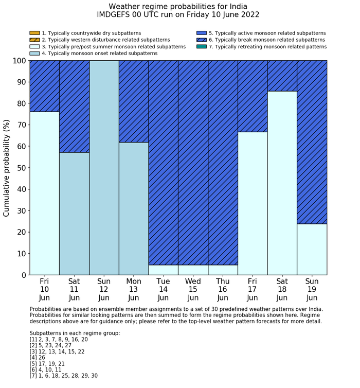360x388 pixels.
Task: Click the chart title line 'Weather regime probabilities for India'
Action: [x=178, y=6]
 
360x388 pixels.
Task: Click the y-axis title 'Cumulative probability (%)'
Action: [x=7, y=168]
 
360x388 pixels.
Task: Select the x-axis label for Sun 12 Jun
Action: [x=104, y=289]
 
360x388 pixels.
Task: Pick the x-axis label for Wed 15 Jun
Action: [x=193, y=289]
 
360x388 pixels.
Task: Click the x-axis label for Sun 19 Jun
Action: [x=312, y=289]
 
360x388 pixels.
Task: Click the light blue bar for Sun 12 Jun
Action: [x=104, y=168]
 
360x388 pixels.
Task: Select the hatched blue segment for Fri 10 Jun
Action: [x=44, y=86]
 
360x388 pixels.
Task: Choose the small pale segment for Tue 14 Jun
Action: [x=163, y=270]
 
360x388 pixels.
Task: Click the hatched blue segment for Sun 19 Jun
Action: [x=312, y=142]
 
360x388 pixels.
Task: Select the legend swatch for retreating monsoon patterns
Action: [x=202, y=47]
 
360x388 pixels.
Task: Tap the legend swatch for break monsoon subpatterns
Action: [x=202, y=40]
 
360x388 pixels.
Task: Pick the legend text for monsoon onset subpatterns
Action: [x=99, y=54]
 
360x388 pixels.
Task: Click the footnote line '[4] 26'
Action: [x=40, y=358]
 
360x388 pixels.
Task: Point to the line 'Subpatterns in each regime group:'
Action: [x=75, y=333]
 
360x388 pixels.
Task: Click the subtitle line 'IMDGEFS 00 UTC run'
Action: [x=178, y=15]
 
